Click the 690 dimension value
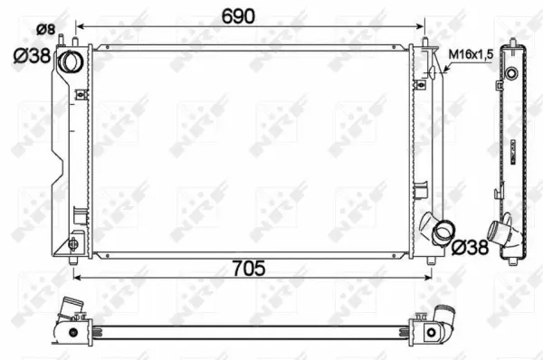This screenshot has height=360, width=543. click(238, 16)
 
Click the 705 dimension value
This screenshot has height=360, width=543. click(249, 269)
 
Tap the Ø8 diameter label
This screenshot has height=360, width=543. click(46, 30)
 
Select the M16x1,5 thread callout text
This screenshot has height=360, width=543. click(471, 54)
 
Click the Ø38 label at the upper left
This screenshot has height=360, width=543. click(33, 56)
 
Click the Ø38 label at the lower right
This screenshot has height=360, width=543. click(471, 247)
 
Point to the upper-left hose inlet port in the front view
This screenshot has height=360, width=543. click(71, 61)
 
